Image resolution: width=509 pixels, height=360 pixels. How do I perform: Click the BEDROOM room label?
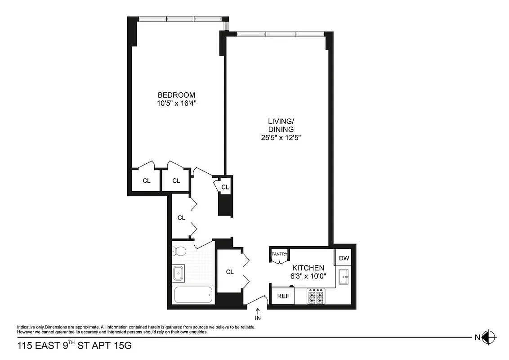[176, 95]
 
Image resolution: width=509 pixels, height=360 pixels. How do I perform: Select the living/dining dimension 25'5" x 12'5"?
[281, 138]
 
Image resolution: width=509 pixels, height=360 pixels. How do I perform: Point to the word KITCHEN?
[308, 268]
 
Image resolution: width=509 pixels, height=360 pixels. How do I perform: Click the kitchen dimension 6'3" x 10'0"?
[308, 276]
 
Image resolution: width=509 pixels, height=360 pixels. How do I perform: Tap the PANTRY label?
[279, 254]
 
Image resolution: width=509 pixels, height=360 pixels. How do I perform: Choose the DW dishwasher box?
[344, 258]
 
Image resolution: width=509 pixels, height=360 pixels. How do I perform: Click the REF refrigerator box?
[283, 296]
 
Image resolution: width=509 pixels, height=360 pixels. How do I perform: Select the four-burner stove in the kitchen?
[316, 297]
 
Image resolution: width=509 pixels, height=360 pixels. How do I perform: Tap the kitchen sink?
[344, 276]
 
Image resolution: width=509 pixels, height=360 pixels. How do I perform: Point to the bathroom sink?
[178, 272]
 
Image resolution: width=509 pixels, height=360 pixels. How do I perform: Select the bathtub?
[193, 296]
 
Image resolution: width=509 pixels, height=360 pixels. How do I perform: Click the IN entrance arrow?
[258, 314]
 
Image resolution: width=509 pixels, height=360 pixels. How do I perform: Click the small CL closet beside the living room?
[225, 187]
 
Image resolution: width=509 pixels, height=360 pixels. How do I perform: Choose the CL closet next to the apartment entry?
[230, 272]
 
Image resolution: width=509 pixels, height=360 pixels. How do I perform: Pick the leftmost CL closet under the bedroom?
[146, 181]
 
